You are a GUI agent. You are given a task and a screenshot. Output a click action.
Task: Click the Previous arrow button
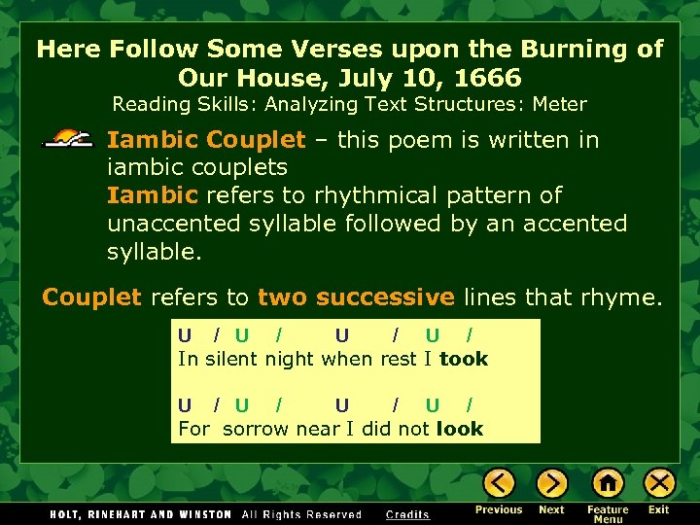(500, 483)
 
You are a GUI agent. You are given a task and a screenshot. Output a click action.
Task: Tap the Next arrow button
(552, 483)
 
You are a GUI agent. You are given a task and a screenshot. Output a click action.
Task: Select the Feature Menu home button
(608, 483)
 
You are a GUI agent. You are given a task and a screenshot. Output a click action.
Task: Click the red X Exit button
(659, 483)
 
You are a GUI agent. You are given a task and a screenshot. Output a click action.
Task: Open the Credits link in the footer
(407, 514)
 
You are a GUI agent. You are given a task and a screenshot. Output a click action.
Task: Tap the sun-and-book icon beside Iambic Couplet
(71, 140)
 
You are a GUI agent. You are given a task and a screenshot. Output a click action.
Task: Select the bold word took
(464, 359)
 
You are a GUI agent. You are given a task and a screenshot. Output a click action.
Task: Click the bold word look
(460, 429)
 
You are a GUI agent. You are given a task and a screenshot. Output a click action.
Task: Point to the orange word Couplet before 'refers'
(91, 297)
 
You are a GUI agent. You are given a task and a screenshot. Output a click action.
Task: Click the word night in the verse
(290, 359)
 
